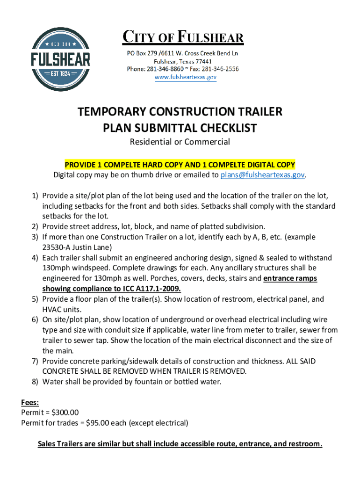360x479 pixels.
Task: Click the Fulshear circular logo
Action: click(x=60, y=59)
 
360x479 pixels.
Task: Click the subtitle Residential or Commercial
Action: click(x=180, y=141)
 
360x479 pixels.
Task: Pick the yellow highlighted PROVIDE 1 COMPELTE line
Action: click(x=180, y=165)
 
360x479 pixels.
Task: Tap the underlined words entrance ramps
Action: click(x=290, y=278)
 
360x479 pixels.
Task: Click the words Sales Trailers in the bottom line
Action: click(x=62, y=443)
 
